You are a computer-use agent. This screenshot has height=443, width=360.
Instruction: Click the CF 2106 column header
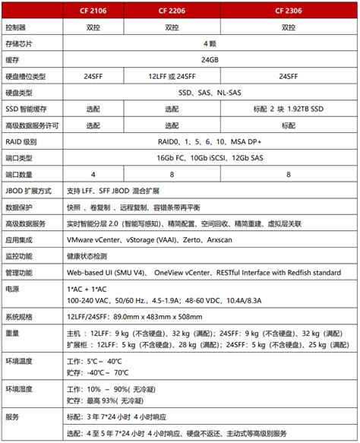[93, 10]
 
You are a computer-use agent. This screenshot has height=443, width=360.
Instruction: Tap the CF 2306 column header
[288, 10]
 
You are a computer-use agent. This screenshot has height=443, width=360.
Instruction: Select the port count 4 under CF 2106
[93, 174]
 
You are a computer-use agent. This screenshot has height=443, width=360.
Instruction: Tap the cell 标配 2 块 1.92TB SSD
[288, 109]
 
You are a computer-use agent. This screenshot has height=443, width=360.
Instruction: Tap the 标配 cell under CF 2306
[288, 125]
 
